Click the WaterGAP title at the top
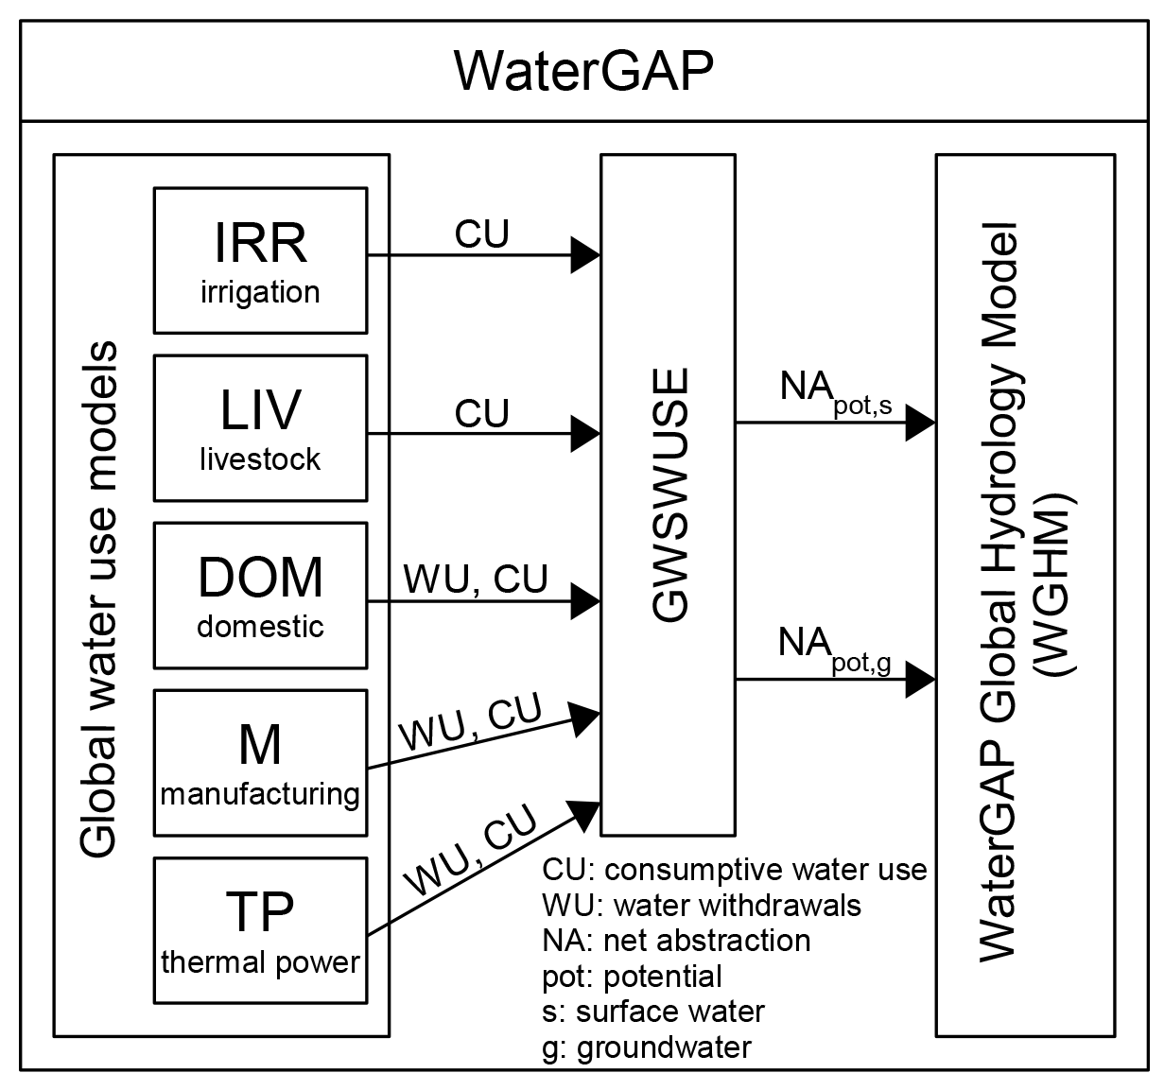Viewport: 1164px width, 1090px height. point(583,70)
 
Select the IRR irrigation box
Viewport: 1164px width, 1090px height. point(260,260)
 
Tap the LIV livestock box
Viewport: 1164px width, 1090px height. point(260,427)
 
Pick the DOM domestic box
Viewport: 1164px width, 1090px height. point(260,596)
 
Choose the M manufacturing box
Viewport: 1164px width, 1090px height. point(260,763)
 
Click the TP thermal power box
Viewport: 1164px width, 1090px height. point(260,930)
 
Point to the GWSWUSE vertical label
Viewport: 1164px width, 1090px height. point(670,495)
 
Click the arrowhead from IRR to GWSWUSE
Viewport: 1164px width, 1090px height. point(586,255)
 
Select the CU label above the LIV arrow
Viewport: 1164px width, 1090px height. point(481,413)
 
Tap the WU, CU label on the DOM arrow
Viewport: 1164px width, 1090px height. point(476,580)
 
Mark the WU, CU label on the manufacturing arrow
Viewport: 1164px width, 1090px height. point(471,723)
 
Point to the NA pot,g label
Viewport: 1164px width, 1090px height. point(833,649)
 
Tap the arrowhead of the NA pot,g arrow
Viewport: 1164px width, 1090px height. point(920,679)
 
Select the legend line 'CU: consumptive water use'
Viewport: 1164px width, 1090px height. point(735,870)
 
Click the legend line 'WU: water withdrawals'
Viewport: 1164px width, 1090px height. point(702,906)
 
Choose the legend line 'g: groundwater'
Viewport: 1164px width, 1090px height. point(647,1047)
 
